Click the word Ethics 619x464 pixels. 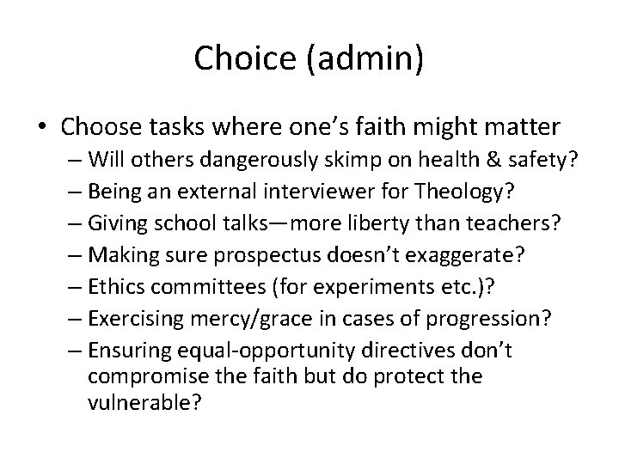(113, 287)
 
